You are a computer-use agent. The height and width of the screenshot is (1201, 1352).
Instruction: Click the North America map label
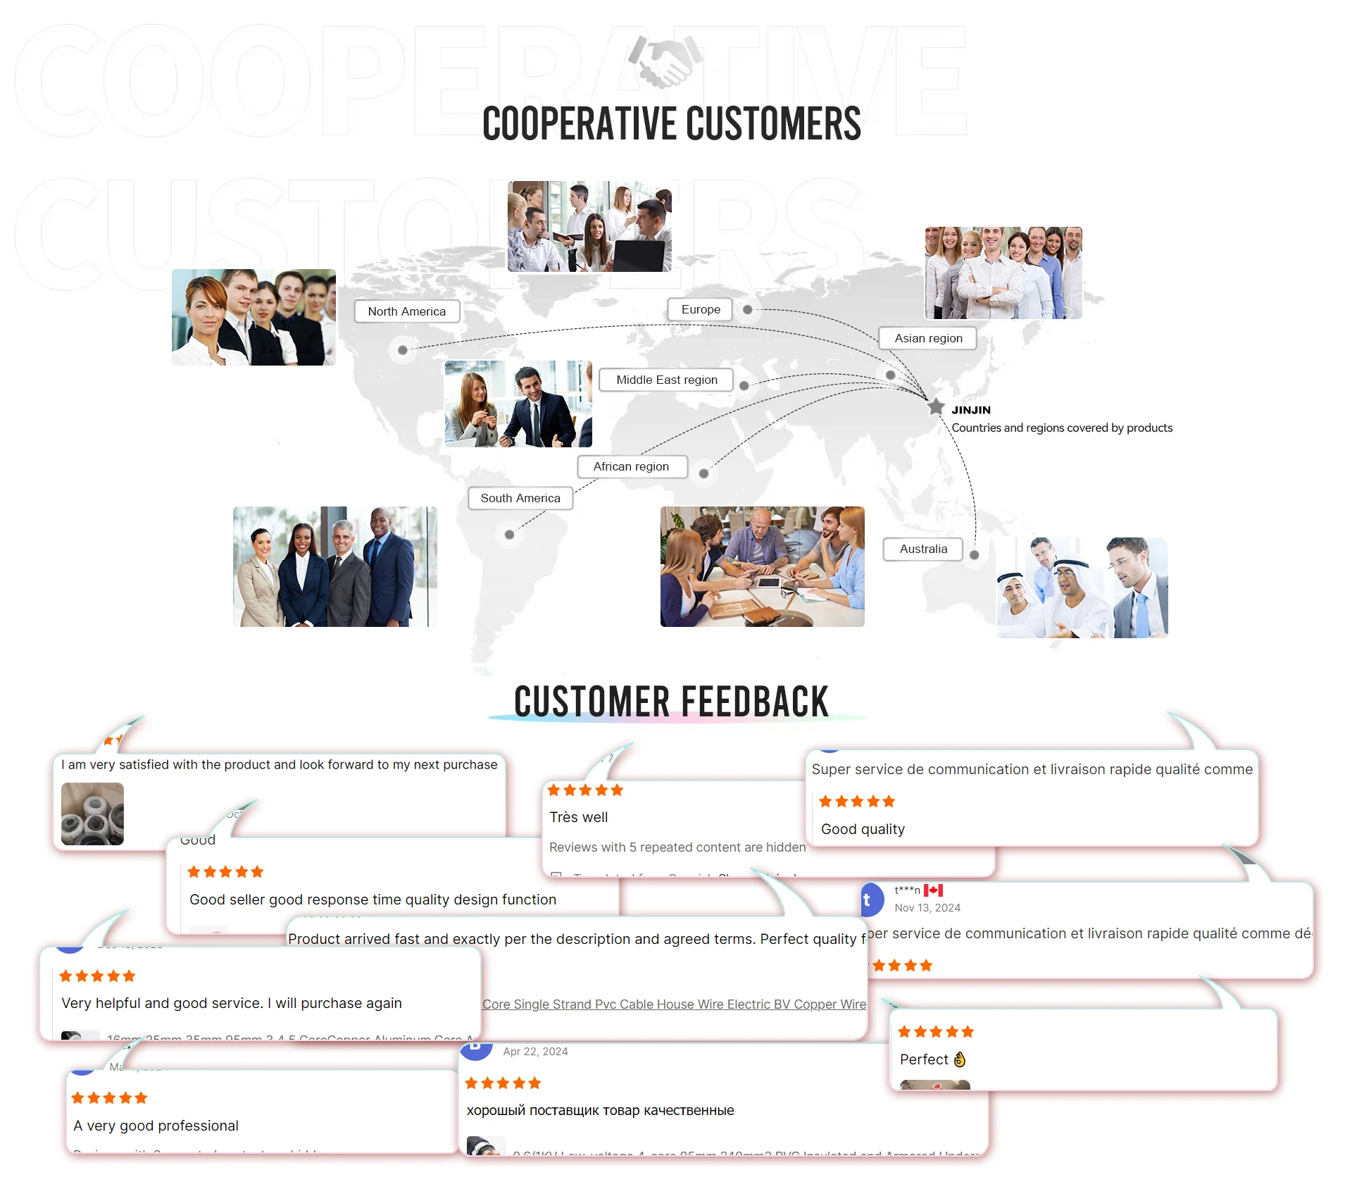[x=407, y=311]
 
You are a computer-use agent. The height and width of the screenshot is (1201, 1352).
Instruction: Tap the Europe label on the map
[x=701, y=309]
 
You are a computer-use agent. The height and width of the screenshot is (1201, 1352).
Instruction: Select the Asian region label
[x=928, y=338]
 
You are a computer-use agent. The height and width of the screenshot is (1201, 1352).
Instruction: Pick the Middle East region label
[x=666, y=380]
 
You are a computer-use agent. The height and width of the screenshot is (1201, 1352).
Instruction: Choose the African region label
[x=631, y=466]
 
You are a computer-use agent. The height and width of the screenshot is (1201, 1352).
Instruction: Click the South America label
[x=520, y=498]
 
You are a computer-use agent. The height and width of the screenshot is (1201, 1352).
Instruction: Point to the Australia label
[x=923, y=549]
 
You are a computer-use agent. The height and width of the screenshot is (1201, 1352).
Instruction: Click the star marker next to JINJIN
[x=936, y=407]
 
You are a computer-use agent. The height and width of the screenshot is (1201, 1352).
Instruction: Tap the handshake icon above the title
[x=665, y=61]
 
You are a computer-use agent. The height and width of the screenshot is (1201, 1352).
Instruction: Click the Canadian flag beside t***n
[x=934, y=890]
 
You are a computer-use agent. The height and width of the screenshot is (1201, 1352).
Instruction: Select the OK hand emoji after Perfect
[x=960, y=1059]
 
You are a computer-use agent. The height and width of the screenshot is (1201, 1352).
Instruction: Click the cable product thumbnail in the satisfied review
[x=92, y=814]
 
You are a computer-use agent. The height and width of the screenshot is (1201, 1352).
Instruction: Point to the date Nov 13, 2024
[x=927, y=908]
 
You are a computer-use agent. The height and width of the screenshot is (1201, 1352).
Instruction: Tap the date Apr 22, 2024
[x=535, y=1052]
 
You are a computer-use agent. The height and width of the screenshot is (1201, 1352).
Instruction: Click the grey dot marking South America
[x=509, y=535]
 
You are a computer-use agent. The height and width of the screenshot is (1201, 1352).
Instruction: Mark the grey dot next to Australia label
[x=975, y=555]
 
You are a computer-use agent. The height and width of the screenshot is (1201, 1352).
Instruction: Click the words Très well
[x=578, y=817]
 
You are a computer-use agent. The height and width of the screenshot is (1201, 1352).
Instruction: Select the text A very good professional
[x=156, y=1126]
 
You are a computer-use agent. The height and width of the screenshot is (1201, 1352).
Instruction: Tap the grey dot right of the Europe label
[x=748, y=310]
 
